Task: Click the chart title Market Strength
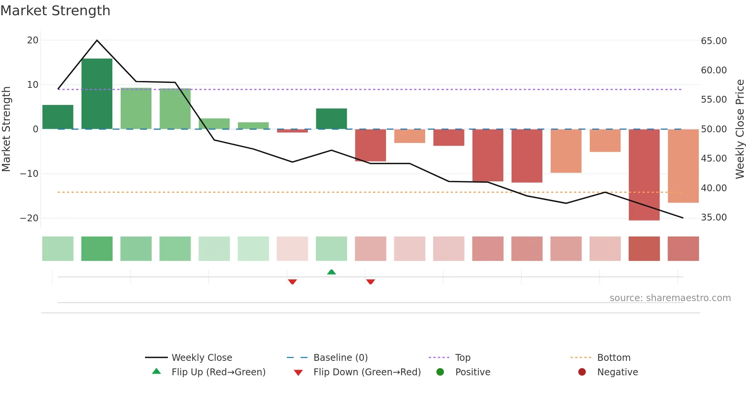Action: [x=55, y=11]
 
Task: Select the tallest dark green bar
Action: [x=97, y=94]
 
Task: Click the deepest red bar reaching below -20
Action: [x=644, y=175]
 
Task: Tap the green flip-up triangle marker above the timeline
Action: [x=332, y=272]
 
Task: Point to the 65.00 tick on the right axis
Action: [x=714, y=41]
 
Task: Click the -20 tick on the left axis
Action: [x=29, y=218]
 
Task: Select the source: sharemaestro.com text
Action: [x=670, y=298]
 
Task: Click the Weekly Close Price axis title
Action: [x=740, y=129]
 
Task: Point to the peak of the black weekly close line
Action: [x=97, y=40]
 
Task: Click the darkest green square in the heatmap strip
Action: [x=97, y=249]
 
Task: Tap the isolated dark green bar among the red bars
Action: [x=332, y=119]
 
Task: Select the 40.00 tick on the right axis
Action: [x=714, y=188]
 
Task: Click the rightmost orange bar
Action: [x=683, y=166]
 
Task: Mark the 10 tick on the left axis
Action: [x=33, y=84]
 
